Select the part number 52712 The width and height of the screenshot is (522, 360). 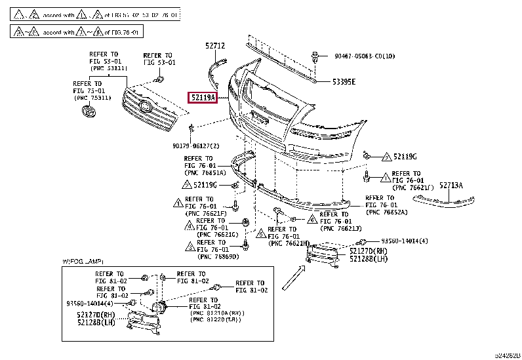coord(214,45)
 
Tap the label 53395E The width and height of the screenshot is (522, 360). coord(343,82)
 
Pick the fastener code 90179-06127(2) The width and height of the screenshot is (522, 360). coord(196,146)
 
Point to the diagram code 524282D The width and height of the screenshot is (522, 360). coord(507,355)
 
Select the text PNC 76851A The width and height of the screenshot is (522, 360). coord(205,173)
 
